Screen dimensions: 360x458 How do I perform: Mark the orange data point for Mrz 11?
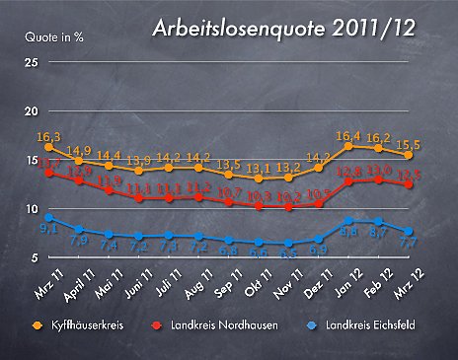pos(49,147)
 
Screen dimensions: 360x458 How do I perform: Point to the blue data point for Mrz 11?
pos(49,217)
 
